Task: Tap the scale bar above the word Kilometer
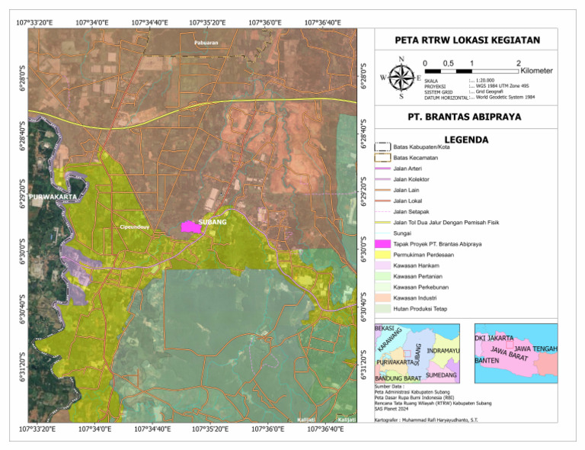(x=472, y=70)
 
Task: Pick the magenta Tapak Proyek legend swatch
(x=384, y=243)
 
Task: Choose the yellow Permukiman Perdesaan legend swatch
(x=384, y=254)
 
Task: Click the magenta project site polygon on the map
(x=190, y=226)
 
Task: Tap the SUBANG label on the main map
(x=213, y=222)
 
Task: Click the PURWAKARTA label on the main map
(x=53, y=197)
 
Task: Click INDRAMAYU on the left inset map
(x=443, y=350)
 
